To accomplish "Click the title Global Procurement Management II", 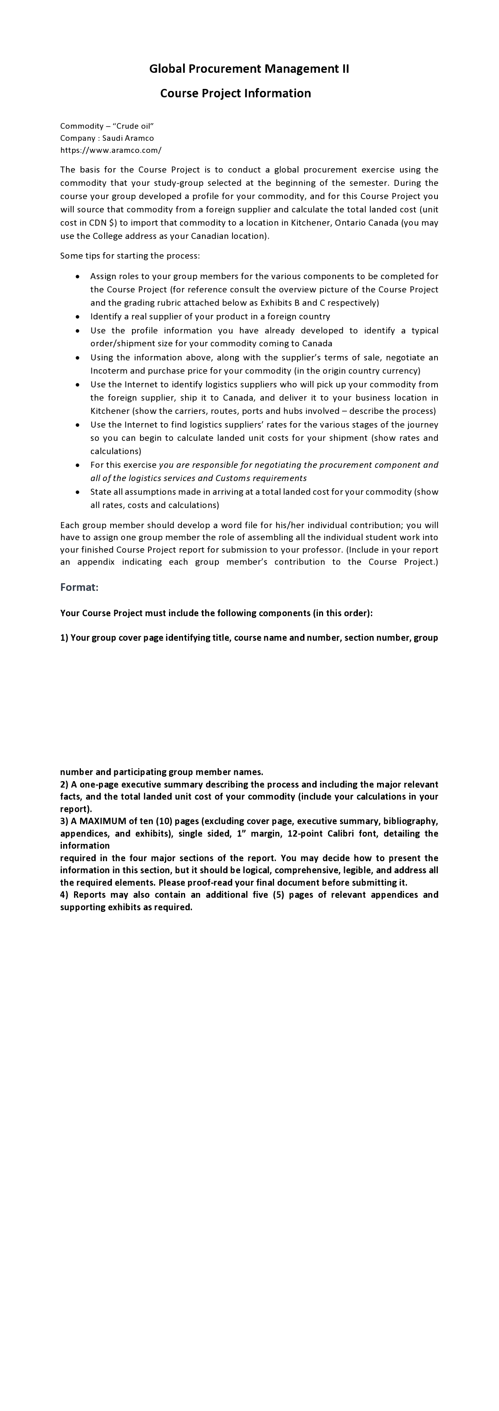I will click(249, 68).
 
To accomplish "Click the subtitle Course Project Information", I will click(235, 93).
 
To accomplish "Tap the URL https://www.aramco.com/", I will click(111, 150).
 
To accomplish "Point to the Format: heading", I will click(79, 587).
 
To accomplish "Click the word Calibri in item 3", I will click(344, 833).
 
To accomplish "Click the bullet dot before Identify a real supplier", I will click(78, 317).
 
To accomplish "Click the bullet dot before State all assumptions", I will click(78, 492).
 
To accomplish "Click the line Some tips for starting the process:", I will click(130, 256).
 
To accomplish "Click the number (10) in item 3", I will click(164, 821).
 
